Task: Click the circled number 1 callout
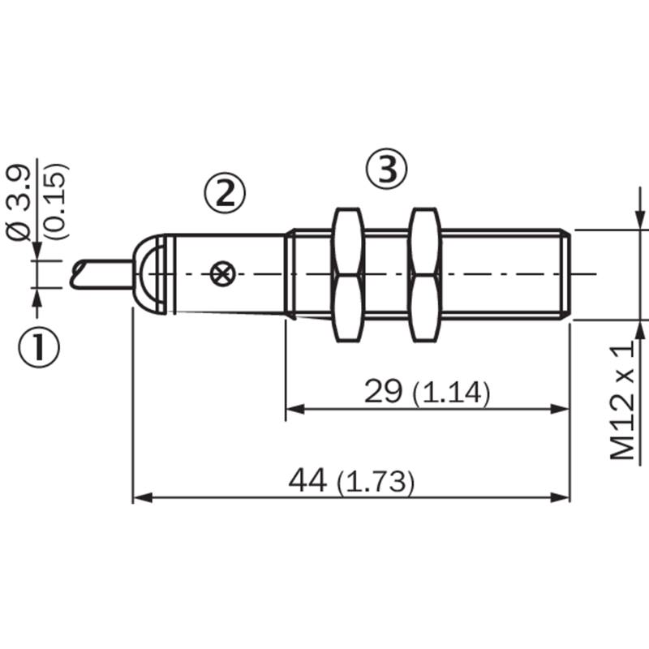(39, 348)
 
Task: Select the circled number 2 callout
(225, 193)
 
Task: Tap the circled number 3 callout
(387, 169)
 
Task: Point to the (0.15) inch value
(56, 201)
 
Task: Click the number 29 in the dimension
(383, 391)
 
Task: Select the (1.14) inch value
(452, 393)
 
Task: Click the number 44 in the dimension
(307, 480)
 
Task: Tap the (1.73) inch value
(376, 482)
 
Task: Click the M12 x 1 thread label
(622, 402)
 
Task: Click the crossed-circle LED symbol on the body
(222, 273)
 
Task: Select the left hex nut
(348, 275)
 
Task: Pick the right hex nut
(424, 275)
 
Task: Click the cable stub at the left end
(101, 274)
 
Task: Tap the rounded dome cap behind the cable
(148, 274)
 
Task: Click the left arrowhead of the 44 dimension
(142, 497)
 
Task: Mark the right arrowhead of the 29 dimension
(560, 410)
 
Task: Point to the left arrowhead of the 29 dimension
(295, 410)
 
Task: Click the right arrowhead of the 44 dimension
(560, 497)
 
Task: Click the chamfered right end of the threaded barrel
(565, 274)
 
